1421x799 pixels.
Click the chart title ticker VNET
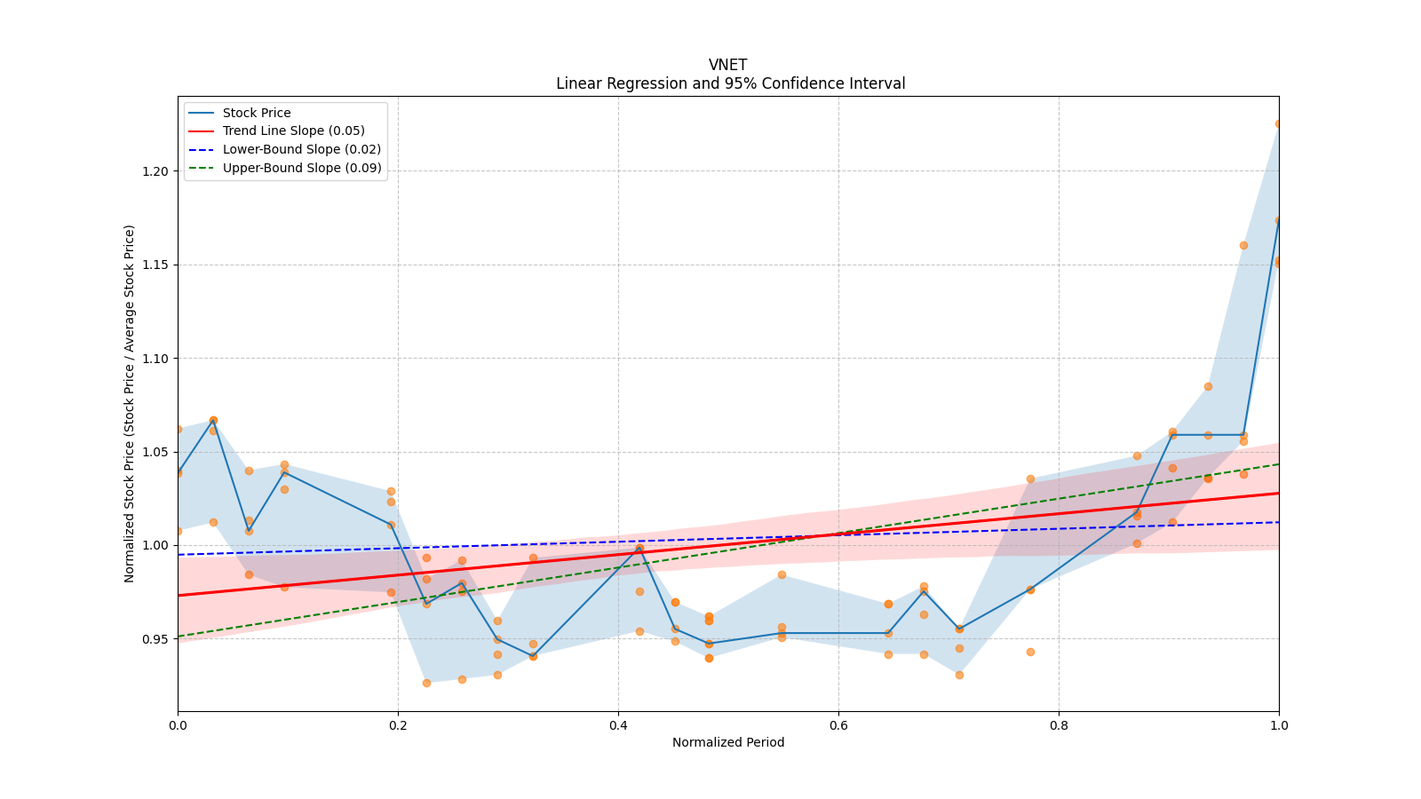tap(727, 65)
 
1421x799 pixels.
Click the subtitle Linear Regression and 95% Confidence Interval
tap(730, 83)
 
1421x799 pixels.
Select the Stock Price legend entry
tap(257, 113)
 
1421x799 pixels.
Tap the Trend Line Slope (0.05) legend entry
tap(293, 131)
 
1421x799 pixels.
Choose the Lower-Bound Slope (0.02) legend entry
tap(301, 150)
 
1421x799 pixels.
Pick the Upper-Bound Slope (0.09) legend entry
tap(302, 168)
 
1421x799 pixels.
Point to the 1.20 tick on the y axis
tap(155, 171)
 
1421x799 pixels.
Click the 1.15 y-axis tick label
tap(155, 265)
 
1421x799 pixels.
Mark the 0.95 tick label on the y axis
tap(155, 639)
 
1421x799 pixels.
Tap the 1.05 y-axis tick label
tap(155, 452)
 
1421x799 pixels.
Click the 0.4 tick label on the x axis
tap(618, 725)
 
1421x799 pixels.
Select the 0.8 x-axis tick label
tap(1059, 725)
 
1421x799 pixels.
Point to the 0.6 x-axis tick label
tap(838, 725)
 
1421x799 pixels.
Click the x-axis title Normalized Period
tap(728, 742)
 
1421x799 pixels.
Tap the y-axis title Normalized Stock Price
tap(130, 403)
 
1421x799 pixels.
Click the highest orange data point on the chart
tap(1279, 123)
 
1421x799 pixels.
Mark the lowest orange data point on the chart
tap(426, 683)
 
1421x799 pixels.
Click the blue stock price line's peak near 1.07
tap(213, 420)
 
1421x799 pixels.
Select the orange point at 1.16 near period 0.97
tap(1243, 245)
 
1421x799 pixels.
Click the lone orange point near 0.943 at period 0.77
tap(1030, 652)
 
